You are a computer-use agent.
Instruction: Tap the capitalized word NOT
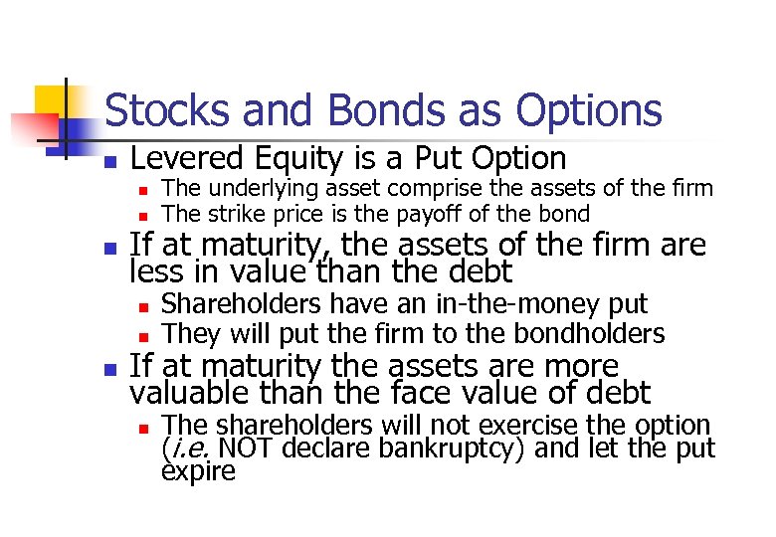[248, 447]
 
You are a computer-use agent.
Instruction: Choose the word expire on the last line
[198, 470]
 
